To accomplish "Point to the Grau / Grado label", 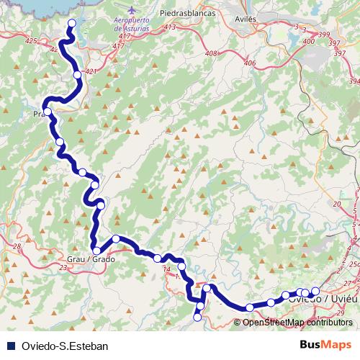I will tap(91, 259).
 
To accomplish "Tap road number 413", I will tap(170, 27).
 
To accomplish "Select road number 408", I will tap(211, 53).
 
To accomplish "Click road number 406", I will tap(250, 63).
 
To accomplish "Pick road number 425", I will tap(31, 42).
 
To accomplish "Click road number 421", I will tap(90, 71).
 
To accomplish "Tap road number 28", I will tap(17, 247).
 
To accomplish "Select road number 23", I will tap(63, 268).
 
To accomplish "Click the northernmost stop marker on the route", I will tap(71, 23).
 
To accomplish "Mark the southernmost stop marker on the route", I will tap(198, 317).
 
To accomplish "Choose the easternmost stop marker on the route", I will tap(315, 291).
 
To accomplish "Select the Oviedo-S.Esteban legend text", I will tap(65, 346).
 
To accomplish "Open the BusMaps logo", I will tap(326, 345).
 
